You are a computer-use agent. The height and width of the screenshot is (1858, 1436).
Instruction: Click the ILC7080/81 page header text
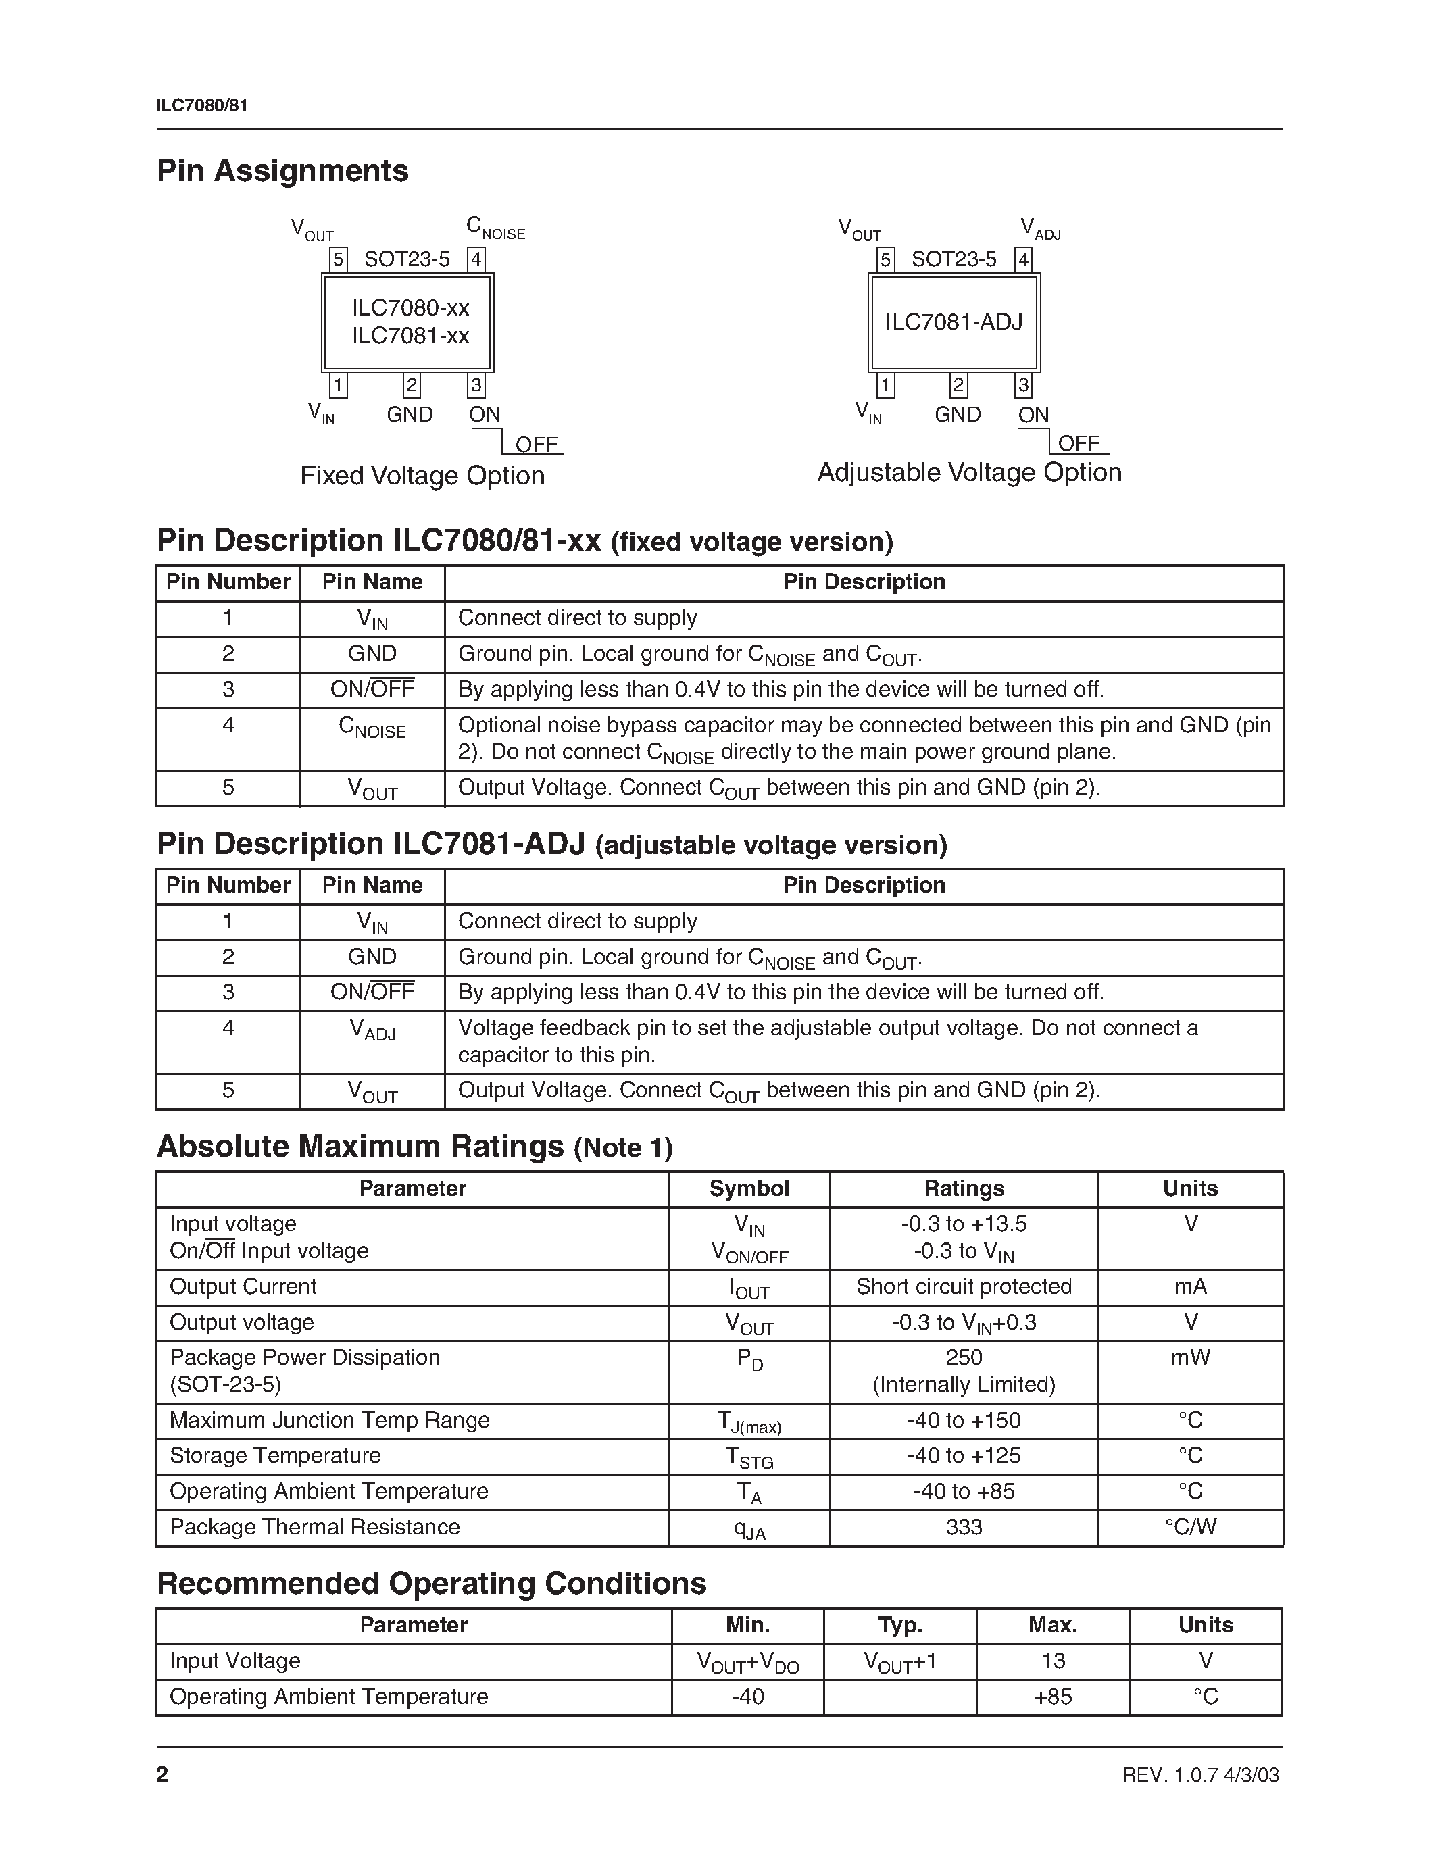point(203,105)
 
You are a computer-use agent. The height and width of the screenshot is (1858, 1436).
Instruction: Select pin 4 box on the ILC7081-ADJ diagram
point(1023,259)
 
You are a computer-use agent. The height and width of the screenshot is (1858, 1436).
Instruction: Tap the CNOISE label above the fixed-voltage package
point(495,228)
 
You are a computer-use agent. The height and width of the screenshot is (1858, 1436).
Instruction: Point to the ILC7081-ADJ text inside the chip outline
point(954,322)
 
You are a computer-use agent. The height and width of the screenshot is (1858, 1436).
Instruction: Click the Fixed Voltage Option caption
point(422,476)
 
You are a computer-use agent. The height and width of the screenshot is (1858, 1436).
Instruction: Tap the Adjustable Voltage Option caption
point(969,472)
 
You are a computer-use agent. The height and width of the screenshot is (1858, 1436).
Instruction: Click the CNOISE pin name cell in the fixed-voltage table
point(372,728)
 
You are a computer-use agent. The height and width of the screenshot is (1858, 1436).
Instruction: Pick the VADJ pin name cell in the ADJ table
point(372,1030)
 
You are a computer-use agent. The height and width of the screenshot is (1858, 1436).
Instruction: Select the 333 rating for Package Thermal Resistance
point(964,1527)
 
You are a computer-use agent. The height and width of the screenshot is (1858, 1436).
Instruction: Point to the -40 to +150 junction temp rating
point(964,1420)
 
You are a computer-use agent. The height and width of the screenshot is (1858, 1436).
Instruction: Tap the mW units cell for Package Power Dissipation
point(1190,1358)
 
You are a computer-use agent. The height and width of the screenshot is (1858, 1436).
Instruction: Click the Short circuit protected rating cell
point(964,1286)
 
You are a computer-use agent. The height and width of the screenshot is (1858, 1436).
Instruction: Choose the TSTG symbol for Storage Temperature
point(749,1457)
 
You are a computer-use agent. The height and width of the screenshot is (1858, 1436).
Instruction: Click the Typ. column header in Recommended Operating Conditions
point(900,1625)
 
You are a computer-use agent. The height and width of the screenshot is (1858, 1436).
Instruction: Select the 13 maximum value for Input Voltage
point(1054,1661)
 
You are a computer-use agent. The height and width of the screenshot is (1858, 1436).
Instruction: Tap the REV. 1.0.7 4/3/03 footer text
point(1200,1775)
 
